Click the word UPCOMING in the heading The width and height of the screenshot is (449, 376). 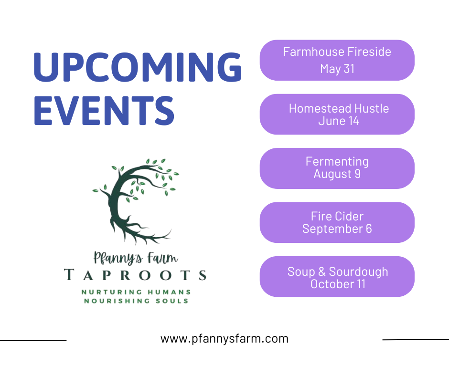[x=138, y=67]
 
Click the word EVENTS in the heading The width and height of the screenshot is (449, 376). [x=104, y=111]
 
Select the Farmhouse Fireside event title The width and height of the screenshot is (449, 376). [x=337, y=52]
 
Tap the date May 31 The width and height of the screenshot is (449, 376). [x=337, y=69]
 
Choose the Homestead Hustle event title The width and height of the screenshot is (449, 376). [x=339, y=108]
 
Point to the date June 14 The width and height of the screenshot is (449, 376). [x=339, y=121]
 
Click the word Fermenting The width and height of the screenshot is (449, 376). [x=337, y=162]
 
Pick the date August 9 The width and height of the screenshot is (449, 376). [x=337, y=174]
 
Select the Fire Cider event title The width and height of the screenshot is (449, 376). [x=337, y=216]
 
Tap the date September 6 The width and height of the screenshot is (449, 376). [x=337, y=229]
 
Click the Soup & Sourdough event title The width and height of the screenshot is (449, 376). [x=338, y=272]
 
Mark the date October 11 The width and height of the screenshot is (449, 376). [x=338, y=284]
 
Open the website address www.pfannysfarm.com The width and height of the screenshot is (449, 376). [x=224, y=339]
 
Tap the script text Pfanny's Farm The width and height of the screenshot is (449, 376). [x=136, y=258]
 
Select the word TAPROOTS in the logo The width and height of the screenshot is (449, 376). [x=135, y=275]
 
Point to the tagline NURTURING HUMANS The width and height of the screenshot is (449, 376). [x=136, y=292]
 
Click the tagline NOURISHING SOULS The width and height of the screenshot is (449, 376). [x=136, y=301]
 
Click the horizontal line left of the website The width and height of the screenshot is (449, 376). [x=33, y=340]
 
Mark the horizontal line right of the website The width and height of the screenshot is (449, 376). [x=416, y=340]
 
